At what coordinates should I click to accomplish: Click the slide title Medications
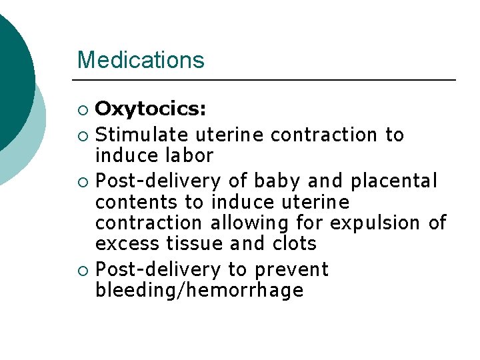click(141, 60)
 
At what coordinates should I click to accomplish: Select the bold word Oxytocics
click(151, 109)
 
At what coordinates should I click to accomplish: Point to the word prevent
click(293, 270)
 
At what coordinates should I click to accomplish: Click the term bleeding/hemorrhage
click(200, 291)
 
